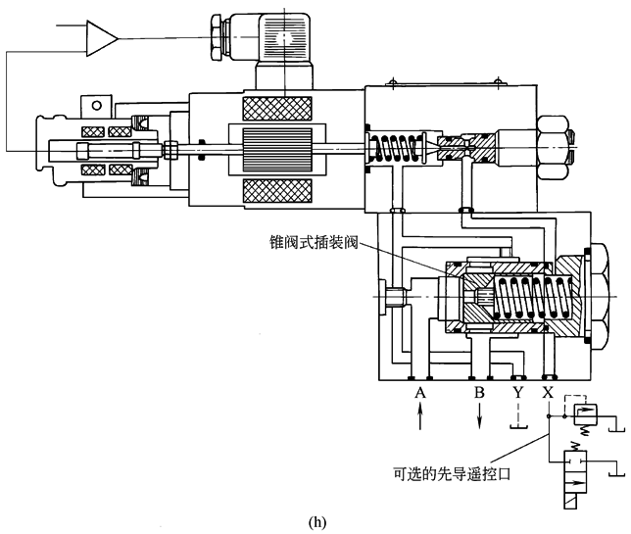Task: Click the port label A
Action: click(x=420, y=393)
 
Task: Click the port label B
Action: click(x=479, y=393)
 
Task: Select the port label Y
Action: click(x=517, y=393)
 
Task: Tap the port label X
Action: click(x=547, y=393)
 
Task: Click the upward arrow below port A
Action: click(x=420, y=417)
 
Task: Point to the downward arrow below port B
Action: click(x=479, y=417)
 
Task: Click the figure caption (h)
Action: click(x=316, y=521)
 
